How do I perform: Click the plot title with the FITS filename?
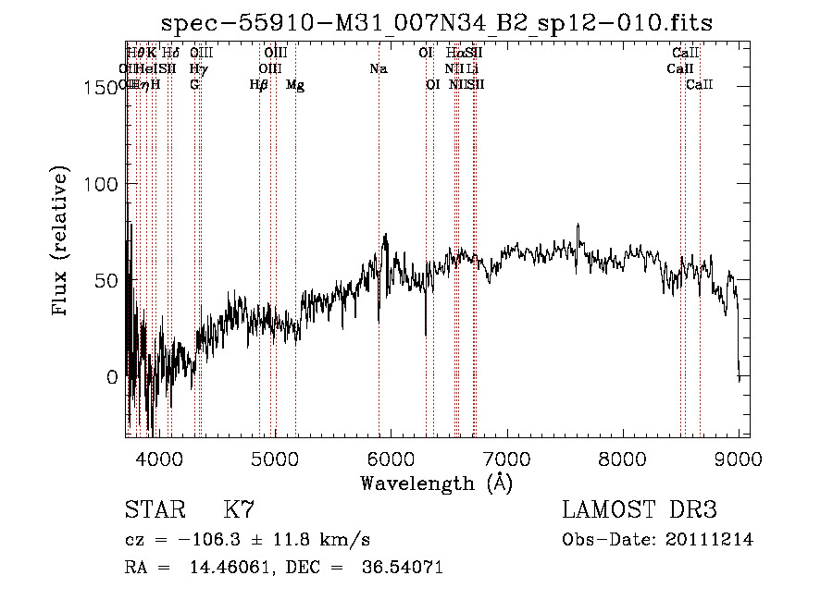tap(437, 23)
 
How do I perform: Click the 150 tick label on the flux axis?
tap(99, 88)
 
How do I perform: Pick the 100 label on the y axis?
tap(99, 184)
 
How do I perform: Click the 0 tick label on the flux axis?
tap(111, 377)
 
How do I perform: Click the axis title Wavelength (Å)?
tap(436, 483)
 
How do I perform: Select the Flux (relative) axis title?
tap(62, 242)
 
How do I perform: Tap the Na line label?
tap(378, 69)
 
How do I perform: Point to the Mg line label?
tap(295, 85)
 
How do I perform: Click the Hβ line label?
tap(259, 85)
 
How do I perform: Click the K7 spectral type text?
tap(239, 510)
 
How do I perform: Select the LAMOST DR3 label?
tap(640, 510)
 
